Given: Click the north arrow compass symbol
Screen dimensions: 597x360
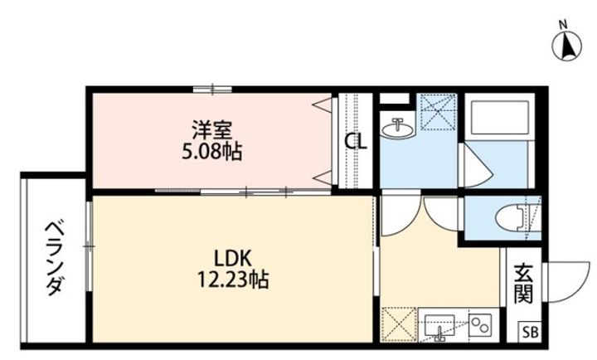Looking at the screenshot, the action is [x=567, y=46].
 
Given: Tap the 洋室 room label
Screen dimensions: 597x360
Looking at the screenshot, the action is [x=212, y=130].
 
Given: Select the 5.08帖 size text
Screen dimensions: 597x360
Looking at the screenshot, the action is [x=211, y=152].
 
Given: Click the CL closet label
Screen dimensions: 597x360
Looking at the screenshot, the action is [x=356, y=142].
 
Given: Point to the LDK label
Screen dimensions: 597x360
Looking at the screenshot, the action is [x=233, y=259].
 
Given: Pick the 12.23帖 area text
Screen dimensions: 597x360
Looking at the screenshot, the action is [x=233, y=280].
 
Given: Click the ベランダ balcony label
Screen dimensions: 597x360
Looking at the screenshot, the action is [x=54, y=259].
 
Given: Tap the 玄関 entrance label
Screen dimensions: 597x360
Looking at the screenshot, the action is [x=523, y=283].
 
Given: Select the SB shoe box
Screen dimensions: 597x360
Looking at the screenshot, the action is [x=531, y=332].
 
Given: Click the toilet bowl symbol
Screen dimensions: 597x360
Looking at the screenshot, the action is [x=518, y=218].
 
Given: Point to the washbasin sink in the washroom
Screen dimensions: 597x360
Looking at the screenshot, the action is [x=397, y=129].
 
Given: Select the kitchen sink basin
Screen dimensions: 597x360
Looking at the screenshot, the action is [x=440, y=326].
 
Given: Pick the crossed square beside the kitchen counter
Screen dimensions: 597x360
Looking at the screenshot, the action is [x=399, y=324].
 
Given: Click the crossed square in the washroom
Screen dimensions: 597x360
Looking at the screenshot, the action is [x=437, y=112].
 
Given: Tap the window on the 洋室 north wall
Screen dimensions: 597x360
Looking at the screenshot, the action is [x=212, y=90].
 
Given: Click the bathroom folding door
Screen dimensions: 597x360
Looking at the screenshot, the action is [x=477, y=165].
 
